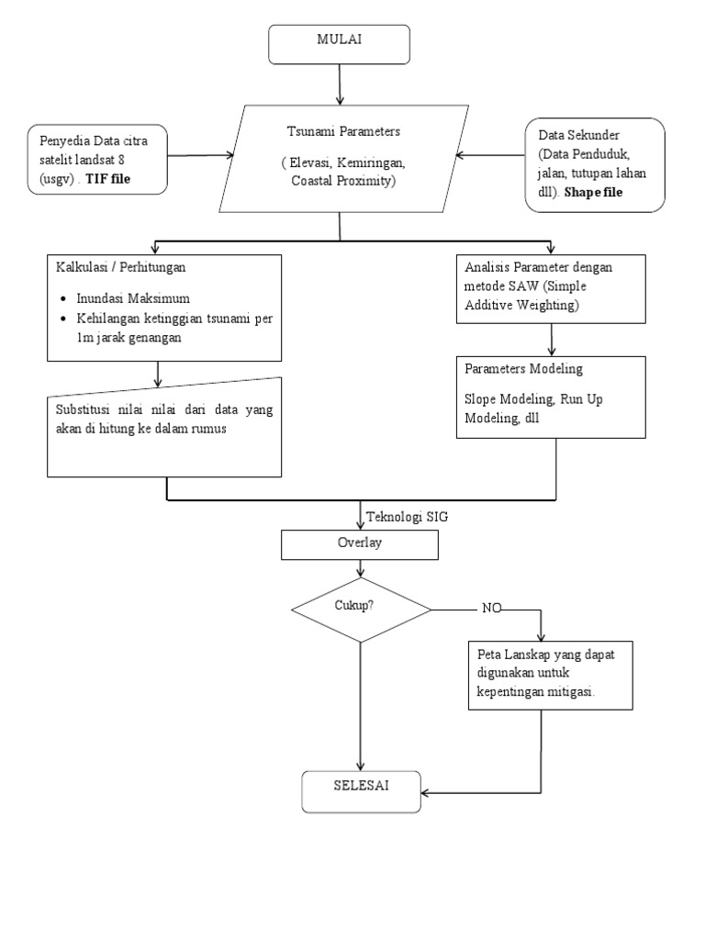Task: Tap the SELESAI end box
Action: pyautogui.click(x=362, y=790)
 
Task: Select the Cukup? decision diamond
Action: pyautogui.click(x=361, y=609)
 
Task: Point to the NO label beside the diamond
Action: pyautogui.click(x=493, y=609)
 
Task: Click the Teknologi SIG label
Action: pyautogui.click(x=407, y=517)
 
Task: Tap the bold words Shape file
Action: pyautogui.click(x=596, y=192)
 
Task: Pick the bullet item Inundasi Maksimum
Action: pyautogui.click(x=137, y=298)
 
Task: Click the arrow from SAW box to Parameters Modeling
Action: pyautogui.click(x=552, y=338)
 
